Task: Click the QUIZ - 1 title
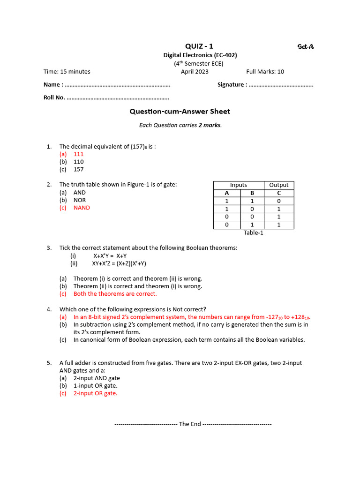tap(199, 46)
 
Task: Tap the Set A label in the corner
tap(306, 46)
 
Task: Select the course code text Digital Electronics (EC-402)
tap(200, 55)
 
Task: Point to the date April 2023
tap(195, 72)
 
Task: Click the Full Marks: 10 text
tap(265, 72)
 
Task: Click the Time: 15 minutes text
tap(67, 72)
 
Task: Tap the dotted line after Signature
tap(281, 85)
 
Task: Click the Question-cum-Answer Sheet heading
tap(180, 112)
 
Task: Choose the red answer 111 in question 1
tap(78, 154)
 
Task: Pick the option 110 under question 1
tap(78, 162)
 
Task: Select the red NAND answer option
tap(82, 208)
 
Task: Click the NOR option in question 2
tap(80, 200)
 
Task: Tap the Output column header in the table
tap(279, 185)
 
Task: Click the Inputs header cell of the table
tap(238, 185)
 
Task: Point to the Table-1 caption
tap(254, 233)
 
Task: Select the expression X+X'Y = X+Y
tap(110, 256)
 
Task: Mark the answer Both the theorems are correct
tap(115, 294)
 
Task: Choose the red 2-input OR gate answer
tap(95, 393)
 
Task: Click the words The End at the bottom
tap(190, 424)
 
